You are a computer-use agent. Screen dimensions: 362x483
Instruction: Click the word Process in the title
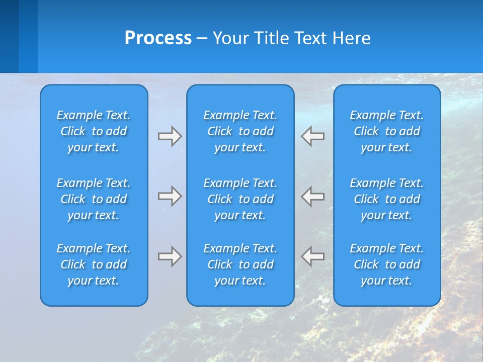coord(158,38)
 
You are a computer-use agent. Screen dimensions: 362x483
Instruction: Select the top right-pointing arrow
coord(170,136)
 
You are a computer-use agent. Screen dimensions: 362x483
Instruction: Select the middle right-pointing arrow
coord(170,196)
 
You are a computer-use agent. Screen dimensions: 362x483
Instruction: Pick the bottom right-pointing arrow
coord(170,256)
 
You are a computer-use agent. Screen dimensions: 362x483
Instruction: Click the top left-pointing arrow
coord(312,136)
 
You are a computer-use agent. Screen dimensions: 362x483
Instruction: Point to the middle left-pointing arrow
coord(312,196)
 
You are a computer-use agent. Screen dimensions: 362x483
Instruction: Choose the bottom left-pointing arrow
coord(312,256)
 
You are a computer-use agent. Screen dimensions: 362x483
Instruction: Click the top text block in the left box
coord(94,131)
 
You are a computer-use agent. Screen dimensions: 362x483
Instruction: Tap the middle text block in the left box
coord(94,199)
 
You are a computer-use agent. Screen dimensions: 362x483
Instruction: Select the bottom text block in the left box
coord(94,264)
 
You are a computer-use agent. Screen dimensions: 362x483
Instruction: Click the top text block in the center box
coord(240,131)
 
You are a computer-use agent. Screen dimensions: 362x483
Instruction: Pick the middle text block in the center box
coord(240,199)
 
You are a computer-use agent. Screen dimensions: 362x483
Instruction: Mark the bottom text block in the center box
coord(240,264)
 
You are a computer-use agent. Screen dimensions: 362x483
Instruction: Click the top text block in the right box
coord(386,131)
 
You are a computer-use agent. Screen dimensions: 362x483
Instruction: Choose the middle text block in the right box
coord(386,199)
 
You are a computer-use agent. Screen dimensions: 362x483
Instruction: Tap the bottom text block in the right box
coord(386,264)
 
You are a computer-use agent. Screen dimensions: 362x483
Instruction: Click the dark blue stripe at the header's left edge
coord(9,36)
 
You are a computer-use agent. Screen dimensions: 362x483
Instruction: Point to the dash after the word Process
coord(202,39)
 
